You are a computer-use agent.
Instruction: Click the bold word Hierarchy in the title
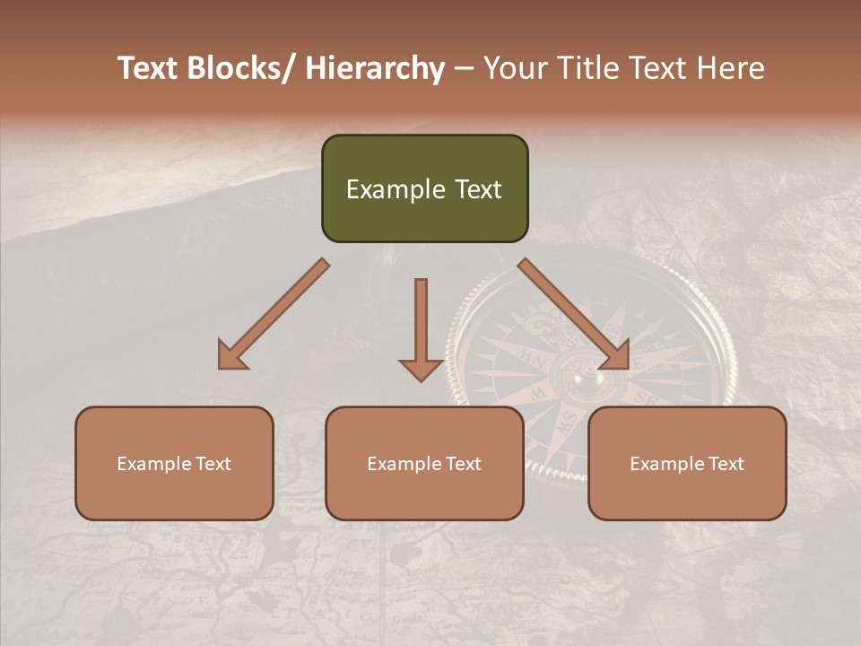pyautogui.click(x=375, y=69)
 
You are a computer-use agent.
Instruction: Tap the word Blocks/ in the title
pyautogui.click(x=240, y=69)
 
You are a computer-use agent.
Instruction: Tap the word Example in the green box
pyautogui.click(x=396, y=189)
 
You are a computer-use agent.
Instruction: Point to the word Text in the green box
pyautogui.click(x=478, y=189)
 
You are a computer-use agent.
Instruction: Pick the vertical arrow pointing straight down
pyautogui.click(x=421, y=332)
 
